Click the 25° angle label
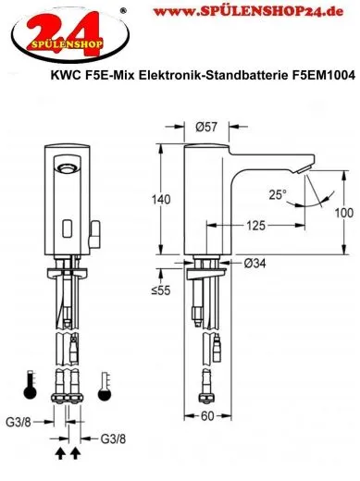(x=278, y=194)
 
